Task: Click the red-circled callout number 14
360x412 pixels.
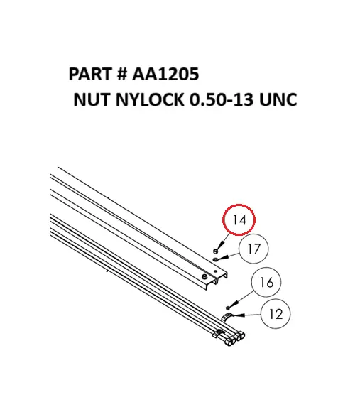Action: [239, 221]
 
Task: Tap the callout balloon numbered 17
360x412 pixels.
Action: [254, 249]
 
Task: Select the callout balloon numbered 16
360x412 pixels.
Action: [266, 283]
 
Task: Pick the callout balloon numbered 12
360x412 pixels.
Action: [276, 313]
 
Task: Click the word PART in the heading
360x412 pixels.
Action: [90, 75]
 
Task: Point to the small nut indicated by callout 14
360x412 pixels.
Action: [215, 250]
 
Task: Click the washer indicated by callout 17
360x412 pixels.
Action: [216, 258]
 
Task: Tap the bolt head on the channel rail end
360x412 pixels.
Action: [205, 276]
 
